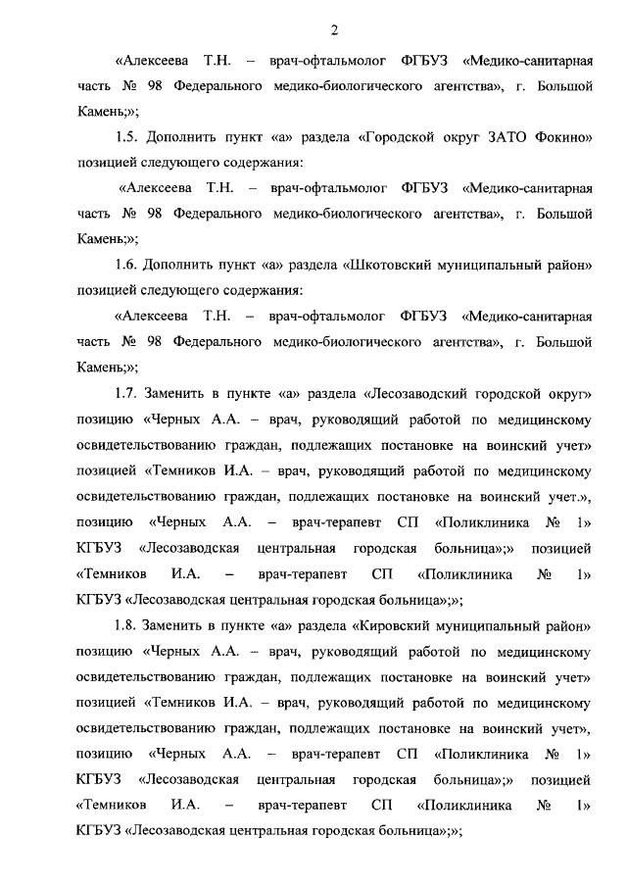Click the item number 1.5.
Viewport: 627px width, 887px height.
pos(126,138)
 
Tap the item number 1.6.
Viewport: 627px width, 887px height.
pos(126,265)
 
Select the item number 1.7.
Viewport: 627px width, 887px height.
pos(126,393)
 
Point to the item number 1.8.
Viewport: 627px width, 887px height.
pos(126,623)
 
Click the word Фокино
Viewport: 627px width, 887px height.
pos(558,138)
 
